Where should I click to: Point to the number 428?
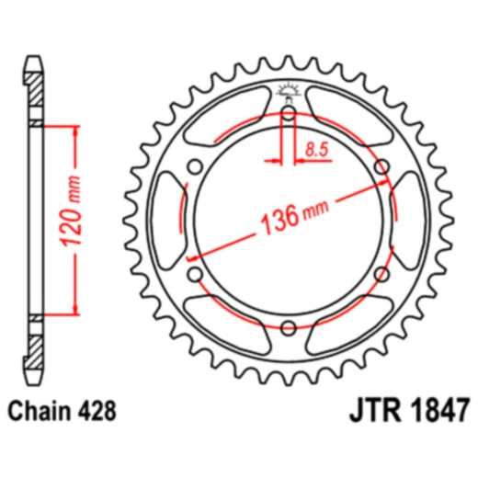coord(97,411)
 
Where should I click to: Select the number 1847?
coord(438,411)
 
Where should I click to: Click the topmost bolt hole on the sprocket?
coord(288,114)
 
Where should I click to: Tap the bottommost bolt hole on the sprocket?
coord(288,327)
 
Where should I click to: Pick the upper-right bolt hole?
coord(381,167)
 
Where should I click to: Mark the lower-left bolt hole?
coord(195,274)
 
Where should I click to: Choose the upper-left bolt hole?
coord(195,167)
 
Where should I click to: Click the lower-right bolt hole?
coord(381,274)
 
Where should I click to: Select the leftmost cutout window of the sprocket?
coord(169,221)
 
